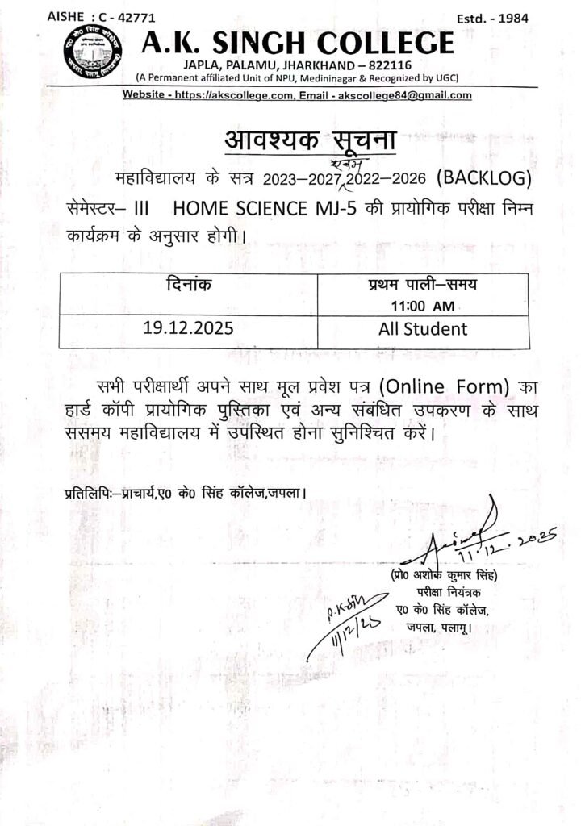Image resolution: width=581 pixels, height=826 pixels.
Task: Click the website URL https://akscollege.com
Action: [x=244, y=95]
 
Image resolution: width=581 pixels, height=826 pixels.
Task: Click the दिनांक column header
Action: [x=187, y=285]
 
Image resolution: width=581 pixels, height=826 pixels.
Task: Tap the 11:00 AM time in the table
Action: [x=423, y=306]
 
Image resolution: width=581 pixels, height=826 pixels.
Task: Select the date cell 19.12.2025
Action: [x=187, y=330]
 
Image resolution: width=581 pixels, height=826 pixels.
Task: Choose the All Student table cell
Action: [x=423, y=329]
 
